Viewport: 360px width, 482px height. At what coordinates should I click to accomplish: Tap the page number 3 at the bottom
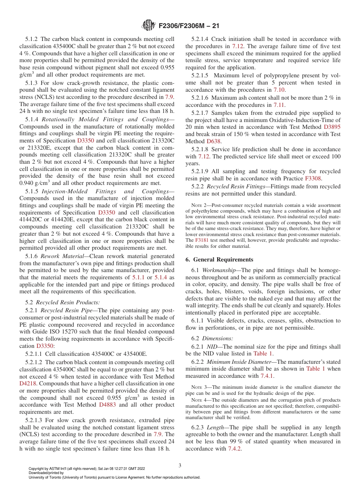(180, 465)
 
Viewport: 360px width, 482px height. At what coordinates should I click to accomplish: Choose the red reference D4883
(107, 405)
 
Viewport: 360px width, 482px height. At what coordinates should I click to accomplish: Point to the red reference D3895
(332, 127)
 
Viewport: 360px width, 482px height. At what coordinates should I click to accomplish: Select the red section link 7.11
(279, 105)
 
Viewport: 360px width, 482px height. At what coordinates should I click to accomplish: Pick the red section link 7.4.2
(235, 449)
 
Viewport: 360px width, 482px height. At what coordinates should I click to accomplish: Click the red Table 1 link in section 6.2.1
(263, 354)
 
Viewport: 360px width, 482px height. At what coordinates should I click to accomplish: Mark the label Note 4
(199, 400)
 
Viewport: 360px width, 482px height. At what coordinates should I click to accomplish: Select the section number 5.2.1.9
(203, 171)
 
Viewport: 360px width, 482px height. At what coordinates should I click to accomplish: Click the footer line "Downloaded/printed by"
(46, 473)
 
